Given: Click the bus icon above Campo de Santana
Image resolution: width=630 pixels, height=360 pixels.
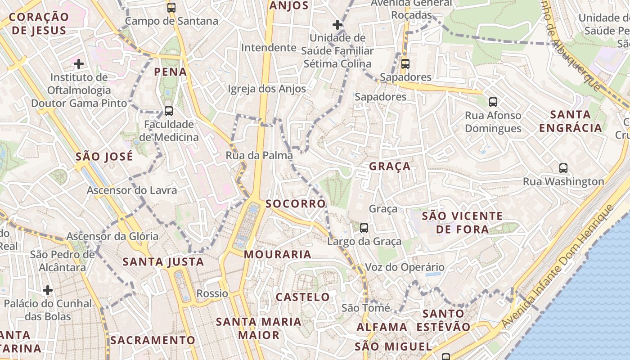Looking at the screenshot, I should point(171,7).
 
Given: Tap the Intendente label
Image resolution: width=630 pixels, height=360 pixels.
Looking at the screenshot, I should point(269,48).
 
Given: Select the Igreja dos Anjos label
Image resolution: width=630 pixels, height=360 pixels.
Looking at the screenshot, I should point(267,89).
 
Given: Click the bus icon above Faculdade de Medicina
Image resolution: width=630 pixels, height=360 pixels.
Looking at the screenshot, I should point(168,111).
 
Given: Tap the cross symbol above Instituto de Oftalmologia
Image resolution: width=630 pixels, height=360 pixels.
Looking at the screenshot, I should point(79,64).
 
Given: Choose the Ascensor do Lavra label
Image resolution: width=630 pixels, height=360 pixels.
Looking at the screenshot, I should point(132,190).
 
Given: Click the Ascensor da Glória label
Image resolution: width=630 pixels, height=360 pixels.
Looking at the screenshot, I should point(112,236).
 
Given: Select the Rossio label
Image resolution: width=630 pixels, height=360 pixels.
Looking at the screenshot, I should point(212,294).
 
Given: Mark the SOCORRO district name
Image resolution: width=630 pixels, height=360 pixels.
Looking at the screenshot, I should point(295,204).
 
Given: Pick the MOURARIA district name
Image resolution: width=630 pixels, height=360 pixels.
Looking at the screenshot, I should point(278,255).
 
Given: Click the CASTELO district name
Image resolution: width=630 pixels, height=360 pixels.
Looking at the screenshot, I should point(302,297).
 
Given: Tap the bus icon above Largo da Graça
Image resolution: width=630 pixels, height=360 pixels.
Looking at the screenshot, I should point(364,228).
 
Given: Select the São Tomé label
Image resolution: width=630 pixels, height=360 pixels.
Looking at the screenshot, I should point(365,308).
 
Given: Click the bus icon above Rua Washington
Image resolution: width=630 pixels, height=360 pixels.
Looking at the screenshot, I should point(563,168).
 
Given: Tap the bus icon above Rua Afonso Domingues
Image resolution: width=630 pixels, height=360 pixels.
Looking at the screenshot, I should point(493,102).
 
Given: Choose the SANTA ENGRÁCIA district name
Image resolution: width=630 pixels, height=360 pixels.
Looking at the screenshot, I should point(571,121).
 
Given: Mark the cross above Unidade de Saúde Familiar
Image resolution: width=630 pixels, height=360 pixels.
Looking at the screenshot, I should point(337,25).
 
